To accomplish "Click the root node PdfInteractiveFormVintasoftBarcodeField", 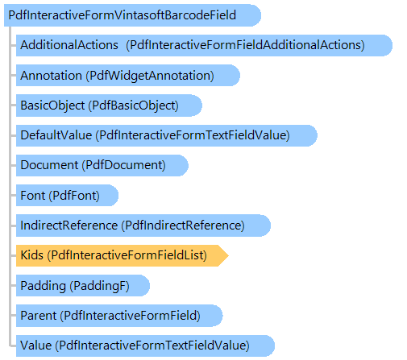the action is pyautogui.click(x=132, y=15).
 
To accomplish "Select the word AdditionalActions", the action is pyautogui.click(x=69, y=45).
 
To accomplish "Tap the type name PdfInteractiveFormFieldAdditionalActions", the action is pyautogui.click(x=246, y=45).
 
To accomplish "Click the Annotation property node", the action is pyautogui.click(x=128, y=76).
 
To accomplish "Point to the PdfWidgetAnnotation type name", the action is pyautogui.click(x=150, y=76).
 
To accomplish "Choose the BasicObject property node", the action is pyautogui.click(x=109, y=106).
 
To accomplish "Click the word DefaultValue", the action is pyautogui.click(x=56, y=135).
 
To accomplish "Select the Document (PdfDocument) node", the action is pyautogui.click(x=102, y=165).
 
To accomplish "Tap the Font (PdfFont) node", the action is pyautogui.click(x=67, y=195).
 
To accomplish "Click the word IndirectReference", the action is pyautogui.click(x=69, y=226).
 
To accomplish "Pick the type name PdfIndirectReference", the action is pyautogui.click(x=183, y=226).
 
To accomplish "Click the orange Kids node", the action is pyautogui.click(x=123, y=255).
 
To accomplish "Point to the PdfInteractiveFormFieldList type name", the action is pyautogui.click(x=127, y=255).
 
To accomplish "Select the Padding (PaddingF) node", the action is pyautogui.click(x=83, y=285).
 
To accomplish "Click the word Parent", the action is pyautogui.click(x=39, y=316).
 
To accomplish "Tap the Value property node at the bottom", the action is pyautogui.click(x=145, y=346).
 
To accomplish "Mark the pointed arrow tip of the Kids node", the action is pyautogui.click(x=228, y=255).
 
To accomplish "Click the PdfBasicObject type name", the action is pyautogui.click(x=134, y=106).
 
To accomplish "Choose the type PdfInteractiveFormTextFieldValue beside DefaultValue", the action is pyautogui.click(x=193, y=135).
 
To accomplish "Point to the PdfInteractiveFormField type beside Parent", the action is pyautogui.click(x=131, y=316).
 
